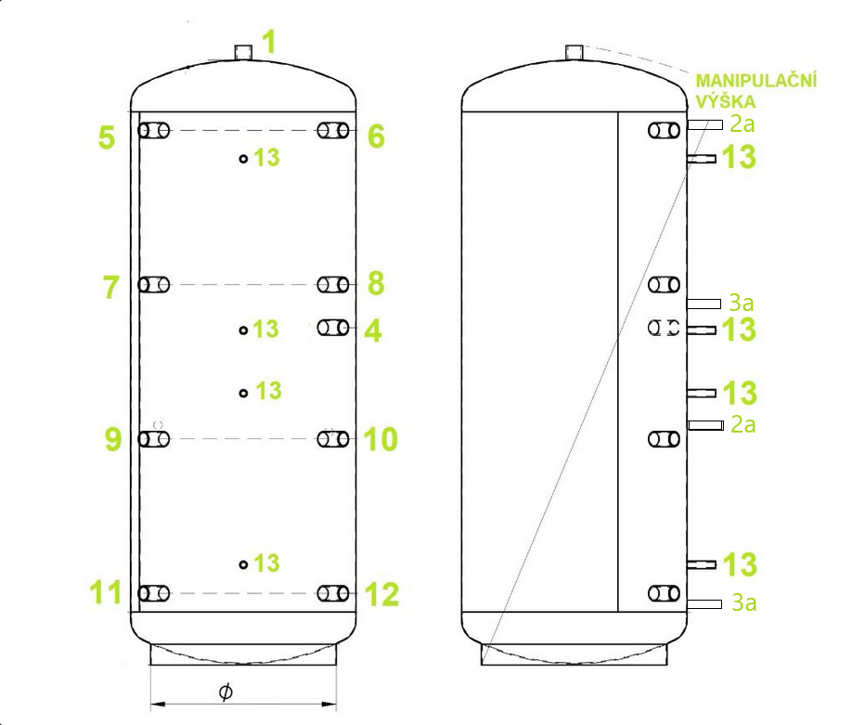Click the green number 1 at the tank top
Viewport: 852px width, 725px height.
coord(269,42)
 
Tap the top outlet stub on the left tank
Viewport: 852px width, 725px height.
coord(243,52)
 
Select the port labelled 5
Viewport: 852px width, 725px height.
coord(154,131)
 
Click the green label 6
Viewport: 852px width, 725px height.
coord(376,136)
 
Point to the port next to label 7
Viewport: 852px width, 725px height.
coord(154,285)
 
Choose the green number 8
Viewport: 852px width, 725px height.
coord(376,284)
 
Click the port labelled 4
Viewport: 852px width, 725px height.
coord(333,328)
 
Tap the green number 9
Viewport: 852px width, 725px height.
coord(112,439)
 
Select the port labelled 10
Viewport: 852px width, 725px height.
coord(333,439)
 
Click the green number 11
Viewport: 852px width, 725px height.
coord(106,592)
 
